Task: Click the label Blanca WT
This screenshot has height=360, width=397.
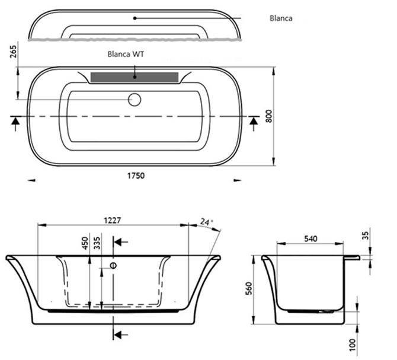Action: pos(126,54)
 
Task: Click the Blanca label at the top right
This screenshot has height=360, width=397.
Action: pos(281,18)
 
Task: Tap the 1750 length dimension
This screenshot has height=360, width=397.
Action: pos(136,176)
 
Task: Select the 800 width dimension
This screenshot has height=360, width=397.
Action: pos(269,116)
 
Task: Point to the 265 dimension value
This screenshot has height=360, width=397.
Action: pos(13,52)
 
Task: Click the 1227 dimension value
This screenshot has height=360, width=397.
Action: pos(113,221)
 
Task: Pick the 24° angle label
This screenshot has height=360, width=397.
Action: pos(206,222)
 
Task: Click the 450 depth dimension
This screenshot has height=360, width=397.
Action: pos(85,243)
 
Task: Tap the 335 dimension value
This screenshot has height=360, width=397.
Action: pos(97,243)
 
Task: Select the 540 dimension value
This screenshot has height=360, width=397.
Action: pos(310,238)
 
